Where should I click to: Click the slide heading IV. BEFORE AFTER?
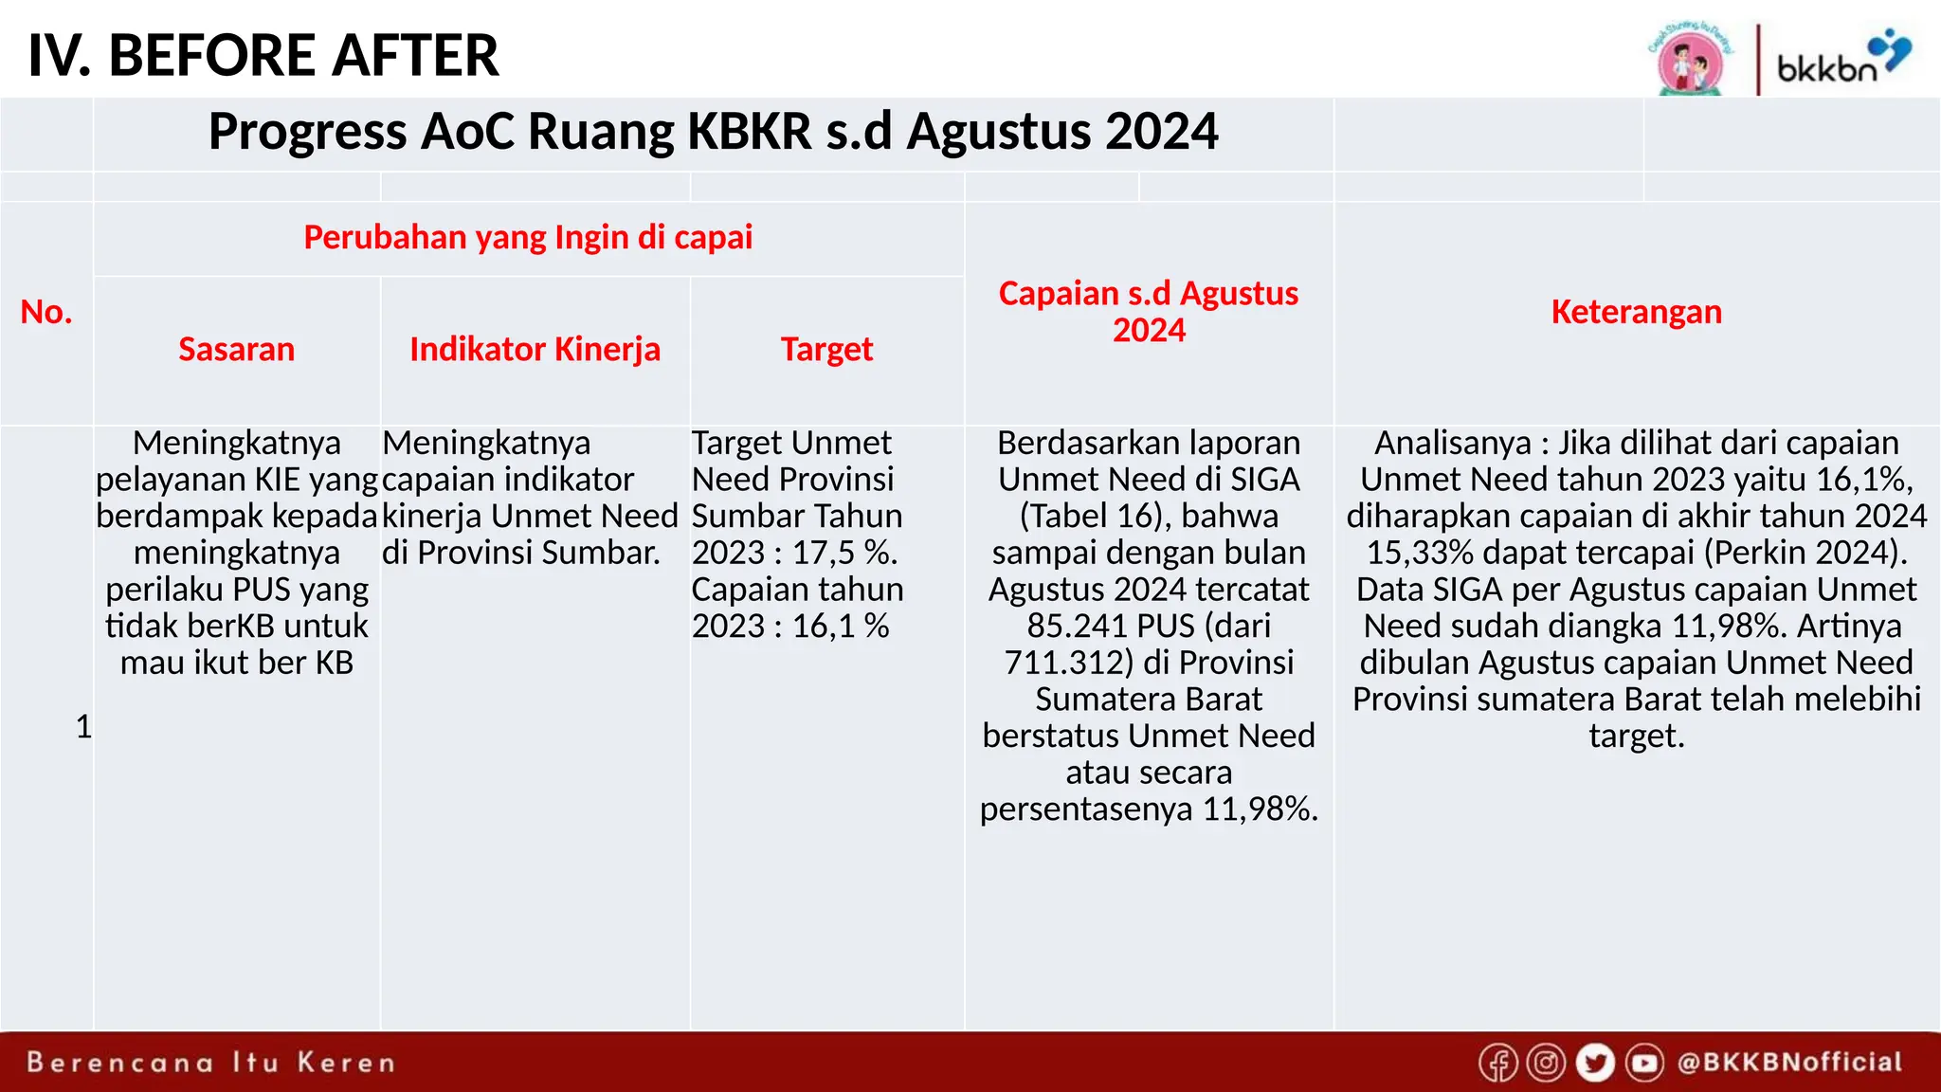263,55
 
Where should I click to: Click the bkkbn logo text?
1826,68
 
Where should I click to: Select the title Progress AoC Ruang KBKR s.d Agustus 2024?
713,131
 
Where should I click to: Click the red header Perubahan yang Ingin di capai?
528,237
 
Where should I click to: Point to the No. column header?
46,312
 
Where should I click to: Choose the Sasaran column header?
236,349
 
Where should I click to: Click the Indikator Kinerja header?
535,349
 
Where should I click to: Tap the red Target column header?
826,349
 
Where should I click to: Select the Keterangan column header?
1636,312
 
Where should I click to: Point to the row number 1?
83,727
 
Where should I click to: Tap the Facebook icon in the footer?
1498,1063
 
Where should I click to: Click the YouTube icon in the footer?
1644,1063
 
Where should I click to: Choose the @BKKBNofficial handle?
1789,1063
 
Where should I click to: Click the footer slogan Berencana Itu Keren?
210,1063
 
